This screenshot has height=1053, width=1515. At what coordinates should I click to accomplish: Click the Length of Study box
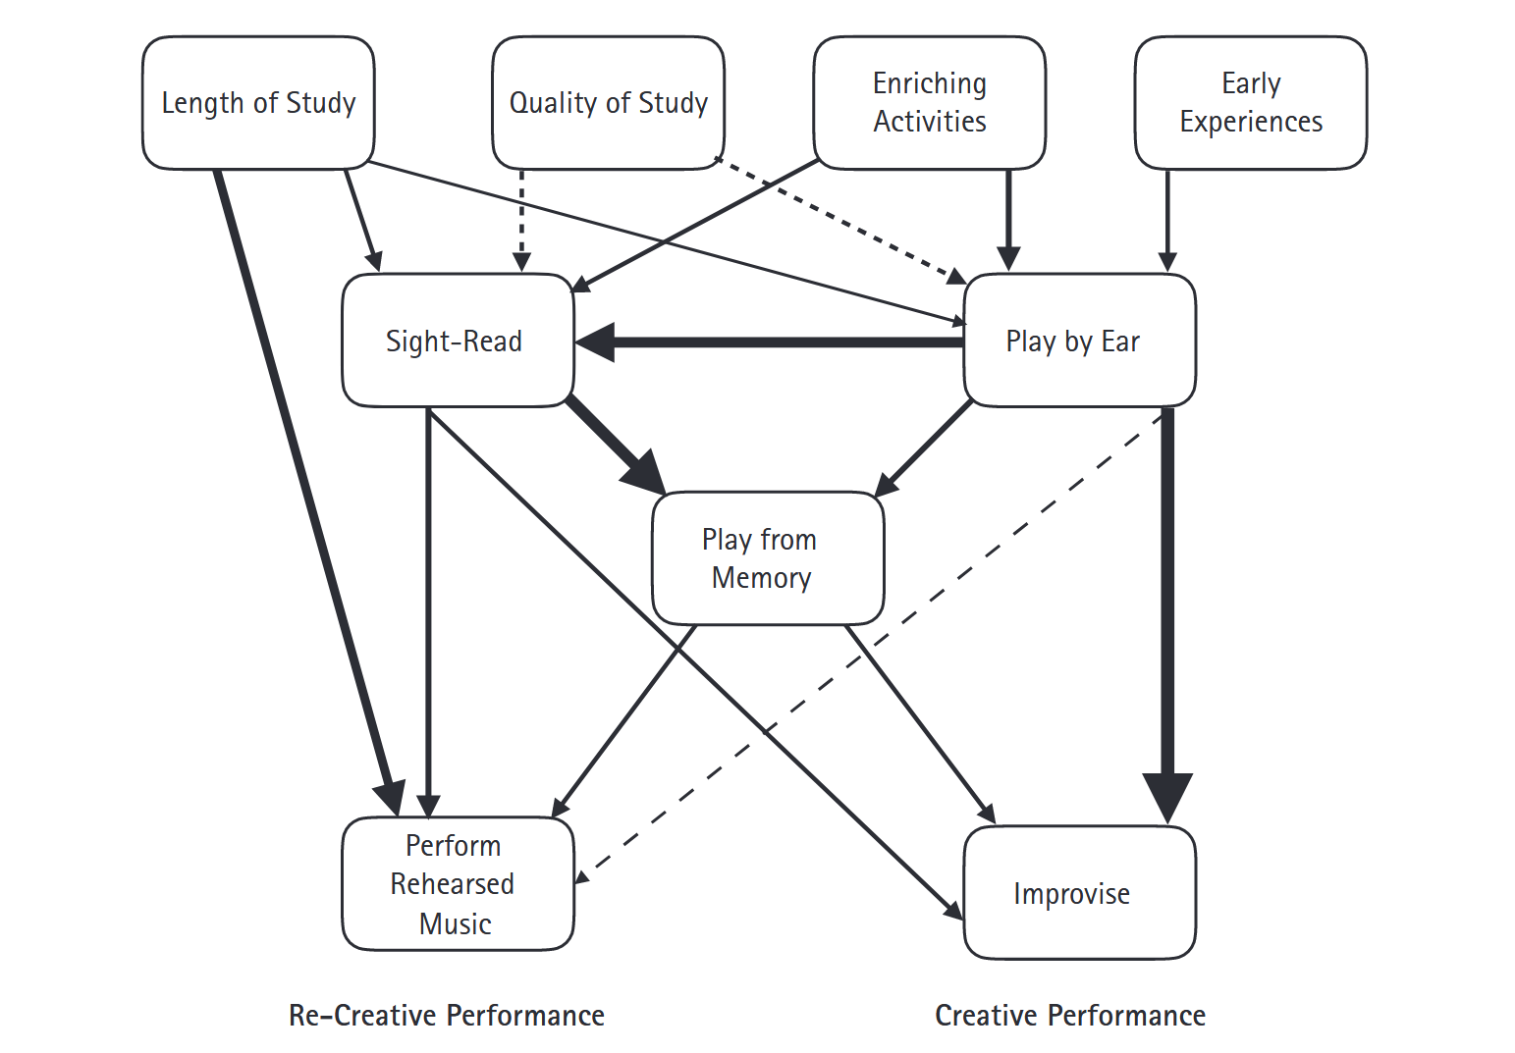coord(258,103)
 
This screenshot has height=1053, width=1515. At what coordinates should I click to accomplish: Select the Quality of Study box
coord(608,103)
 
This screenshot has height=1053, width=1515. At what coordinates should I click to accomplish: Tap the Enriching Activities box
coord(929,103)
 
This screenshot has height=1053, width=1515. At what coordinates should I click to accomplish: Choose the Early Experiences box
coord(1250,103)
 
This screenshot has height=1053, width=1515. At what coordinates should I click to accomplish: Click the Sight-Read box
coord(458,341)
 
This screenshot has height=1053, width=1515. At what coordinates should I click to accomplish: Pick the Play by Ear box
coord(1079,341)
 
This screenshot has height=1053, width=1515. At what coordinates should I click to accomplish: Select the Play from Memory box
coord(768,558)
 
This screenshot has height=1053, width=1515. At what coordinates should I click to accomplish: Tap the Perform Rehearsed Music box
coord(458,883)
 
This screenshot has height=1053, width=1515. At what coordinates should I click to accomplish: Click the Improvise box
coord(1079,893)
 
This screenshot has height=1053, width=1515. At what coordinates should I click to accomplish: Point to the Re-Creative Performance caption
coord(447,1015)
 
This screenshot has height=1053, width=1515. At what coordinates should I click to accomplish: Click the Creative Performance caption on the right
coord(1070,1015)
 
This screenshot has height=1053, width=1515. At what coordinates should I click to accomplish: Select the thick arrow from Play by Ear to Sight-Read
coord(785,342)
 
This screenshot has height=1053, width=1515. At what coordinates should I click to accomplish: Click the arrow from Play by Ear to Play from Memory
coord(923,448)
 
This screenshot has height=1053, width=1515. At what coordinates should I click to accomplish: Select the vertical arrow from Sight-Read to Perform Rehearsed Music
coord(428,608)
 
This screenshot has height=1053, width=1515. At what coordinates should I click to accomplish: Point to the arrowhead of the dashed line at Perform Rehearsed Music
coord(582,876)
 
